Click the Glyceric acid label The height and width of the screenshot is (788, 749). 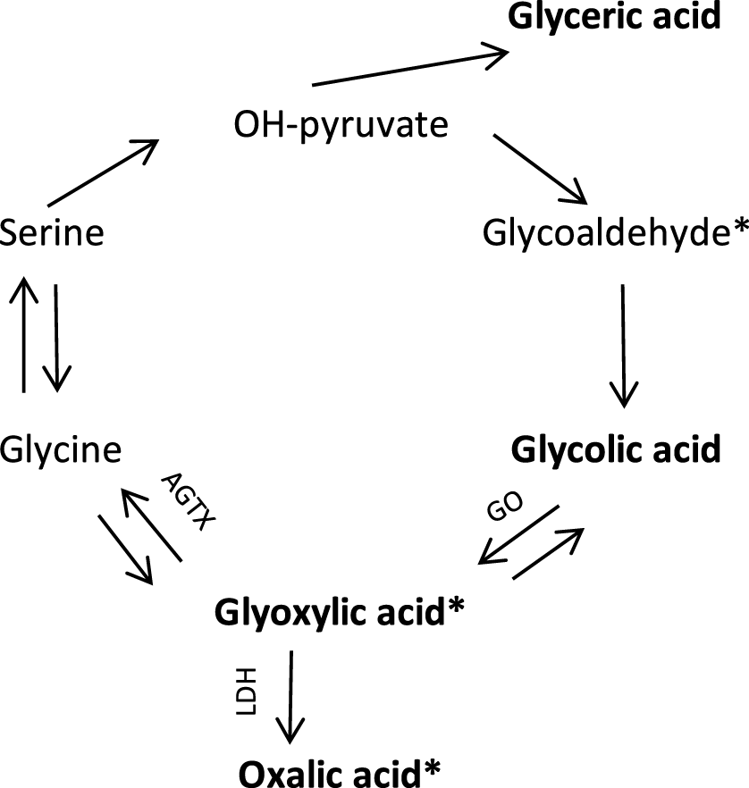[x=614, y=17]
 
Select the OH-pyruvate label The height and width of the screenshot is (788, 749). [x=341, y=125]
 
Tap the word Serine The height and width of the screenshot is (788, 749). [x=52, y=232]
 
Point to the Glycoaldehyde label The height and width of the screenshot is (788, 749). [x=607, y=232]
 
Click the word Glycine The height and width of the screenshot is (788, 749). [x=60, y=449]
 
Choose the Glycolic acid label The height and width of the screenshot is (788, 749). [x=616, y=449]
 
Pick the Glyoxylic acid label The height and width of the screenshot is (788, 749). [x=331, y=613]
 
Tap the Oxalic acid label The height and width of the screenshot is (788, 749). [x=330, y=773]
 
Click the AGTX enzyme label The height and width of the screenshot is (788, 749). [x=188, y=501]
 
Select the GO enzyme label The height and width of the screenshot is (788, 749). [x=505, y=506]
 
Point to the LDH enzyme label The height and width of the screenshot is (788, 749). [x=247, y=691]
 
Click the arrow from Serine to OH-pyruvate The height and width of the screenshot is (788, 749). [x=103, y=173]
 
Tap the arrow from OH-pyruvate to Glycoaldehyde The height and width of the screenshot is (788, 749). [x=541, y=170]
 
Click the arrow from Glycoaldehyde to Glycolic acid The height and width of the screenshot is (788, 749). [x=623, y=346]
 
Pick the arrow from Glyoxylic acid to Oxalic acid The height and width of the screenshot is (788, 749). [x=290, y=697]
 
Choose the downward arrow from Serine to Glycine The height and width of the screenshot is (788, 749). [x=56, y=338]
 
